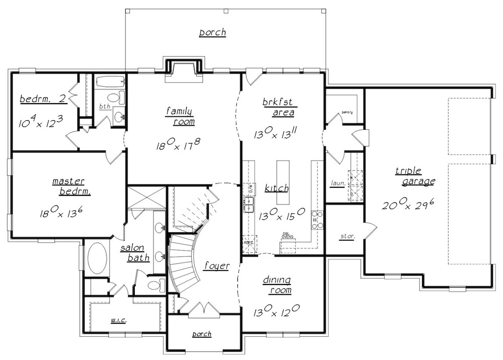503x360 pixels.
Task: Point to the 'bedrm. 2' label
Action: [43, 99]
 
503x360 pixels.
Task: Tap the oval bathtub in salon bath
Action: [97, 258]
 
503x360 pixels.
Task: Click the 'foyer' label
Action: [217, 266]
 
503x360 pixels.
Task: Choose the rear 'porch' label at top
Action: [212, 33]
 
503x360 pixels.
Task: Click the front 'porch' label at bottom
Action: [202, 334]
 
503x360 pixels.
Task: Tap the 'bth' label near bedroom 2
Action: [104, 107]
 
